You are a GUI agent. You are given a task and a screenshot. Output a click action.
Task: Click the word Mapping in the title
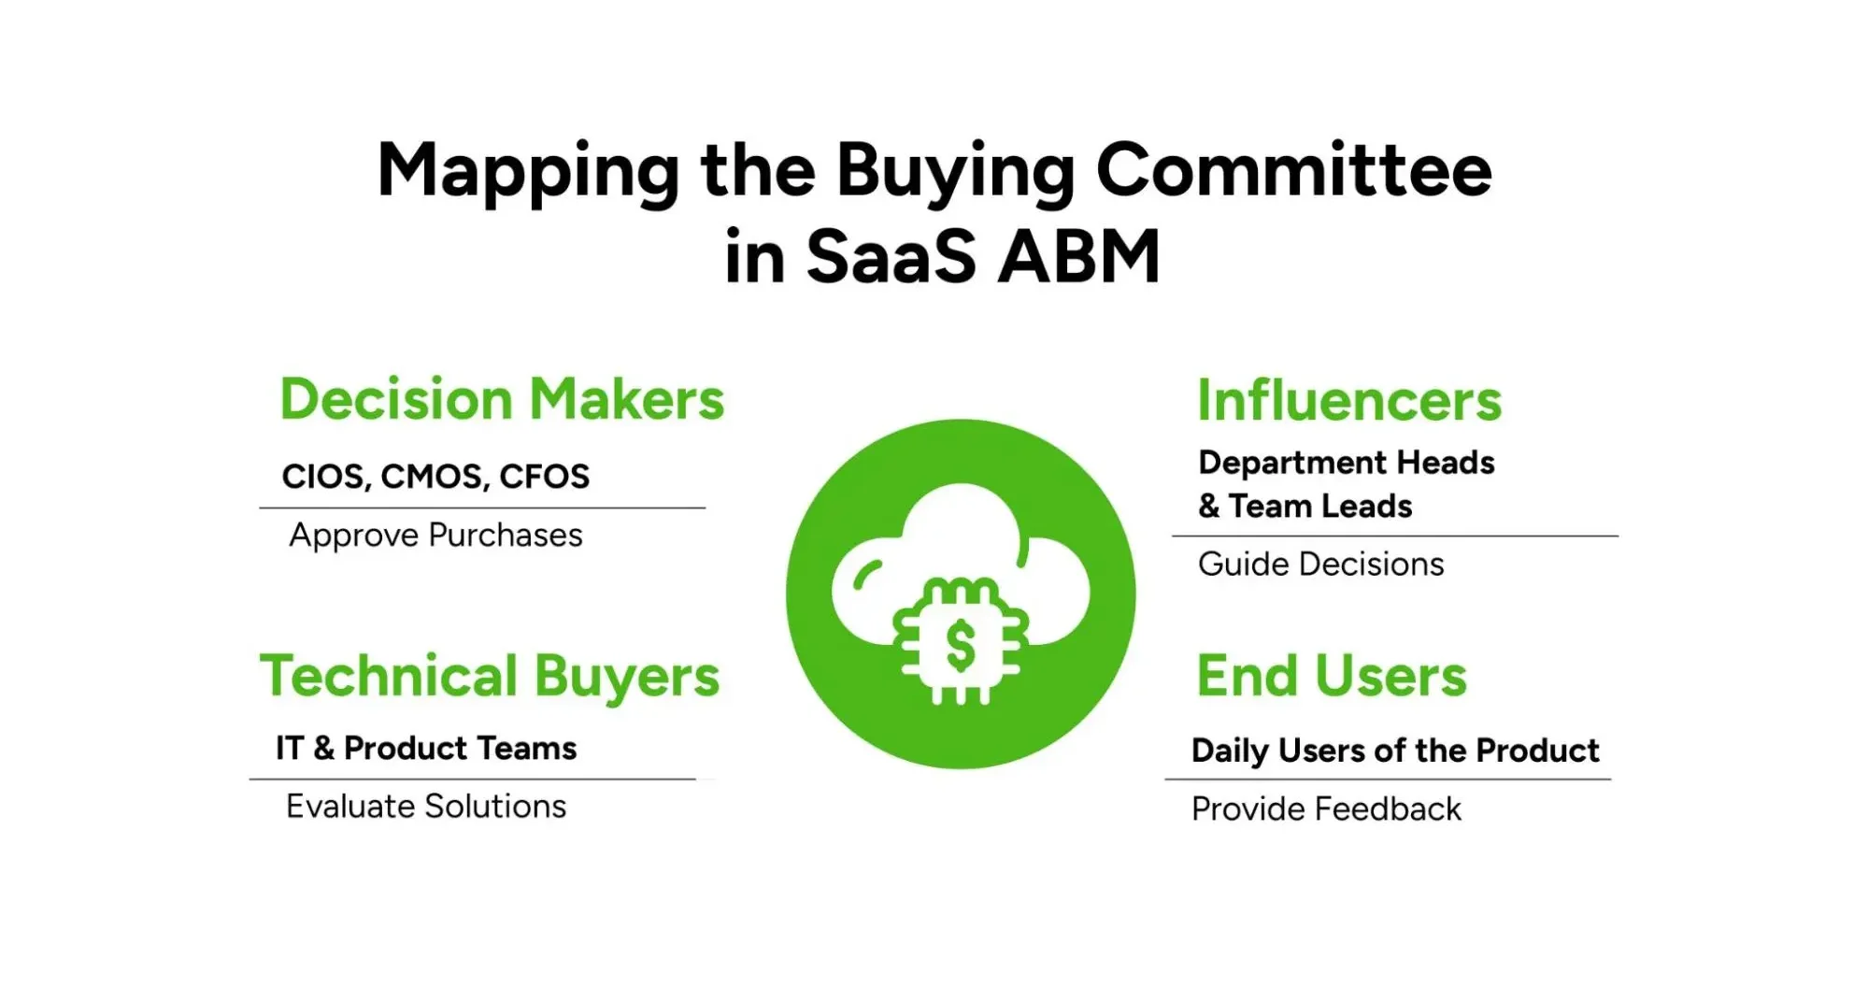[529, 173]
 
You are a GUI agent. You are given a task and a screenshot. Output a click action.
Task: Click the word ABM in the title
[1079, 257]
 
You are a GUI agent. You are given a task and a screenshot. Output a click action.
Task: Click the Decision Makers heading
[502, 400]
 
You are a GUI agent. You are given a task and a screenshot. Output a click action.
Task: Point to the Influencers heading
[1348, 401]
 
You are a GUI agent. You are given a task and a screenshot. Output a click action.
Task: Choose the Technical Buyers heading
[490, 677]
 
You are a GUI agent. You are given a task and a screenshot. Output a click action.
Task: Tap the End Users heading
[1332, 676]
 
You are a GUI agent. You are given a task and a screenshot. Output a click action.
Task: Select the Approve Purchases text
[435, 536]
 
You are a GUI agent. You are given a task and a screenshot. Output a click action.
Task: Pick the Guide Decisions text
[1320, 565]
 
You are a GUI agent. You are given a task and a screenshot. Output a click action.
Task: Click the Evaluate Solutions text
[426, 807]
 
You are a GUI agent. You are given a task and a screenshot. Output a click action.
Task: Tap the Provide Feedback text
[1326, 809]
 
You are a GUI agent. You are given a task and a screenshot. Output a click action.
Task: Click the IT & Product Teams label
[426, 749]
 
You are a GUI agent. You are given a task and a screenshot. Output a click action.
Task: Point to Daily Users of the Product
[1395, 751]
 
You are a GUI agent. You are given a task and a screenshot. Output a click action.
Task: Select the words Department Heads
[1347, 463]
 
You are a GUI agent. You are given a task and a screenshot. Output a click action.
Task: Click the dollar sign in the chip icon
[961, 646]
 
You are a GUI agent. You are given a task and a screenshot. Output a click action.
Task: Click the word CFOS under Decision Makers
[544, 477]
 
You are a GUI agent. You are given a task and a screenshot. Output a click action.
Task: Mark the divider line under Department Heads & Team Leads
[1394, 536]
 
